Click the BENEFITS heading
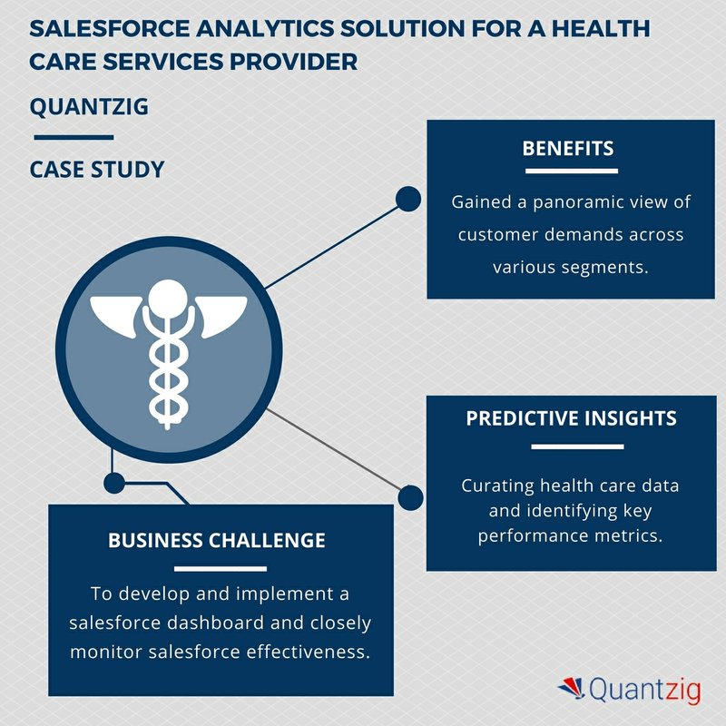(568, 149)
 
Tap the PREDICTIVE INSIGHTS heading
(572, 418)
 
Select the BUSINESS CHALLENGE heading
(217, 540)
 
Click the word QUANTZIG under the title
(89, 107)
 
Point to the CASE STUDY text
(97, 170)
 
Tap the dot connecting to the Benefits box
(408, 199)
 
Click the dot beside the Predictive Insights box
(410, 497)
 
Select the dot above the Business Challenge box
(114, 484)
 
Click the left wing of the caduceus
(115, 313)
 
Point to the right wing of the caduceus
(221, 313)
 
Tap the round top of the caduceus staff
(168, 299)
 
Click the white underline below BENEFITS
(572, 171)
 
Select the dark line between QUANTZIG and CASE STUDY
(74, 138)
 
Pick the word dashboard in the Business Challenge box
(216, 623)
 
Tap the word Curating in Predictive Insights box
(497, 486)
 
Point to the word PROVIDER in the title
(293, 62)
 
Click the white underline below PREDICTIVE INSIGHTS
(577, 446)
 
